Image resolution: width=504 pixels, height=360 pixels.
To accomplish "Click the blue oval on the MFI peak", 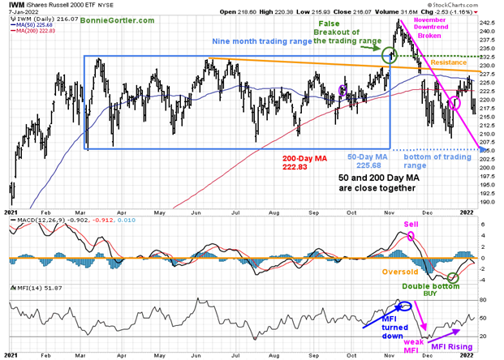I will (403, 306).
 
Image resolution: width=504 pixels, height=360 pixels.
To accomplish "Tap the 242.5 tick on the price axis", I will (488, 22).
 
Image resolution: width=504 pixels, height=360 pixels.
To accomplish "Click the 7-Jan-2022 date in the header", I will (22, 14).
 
